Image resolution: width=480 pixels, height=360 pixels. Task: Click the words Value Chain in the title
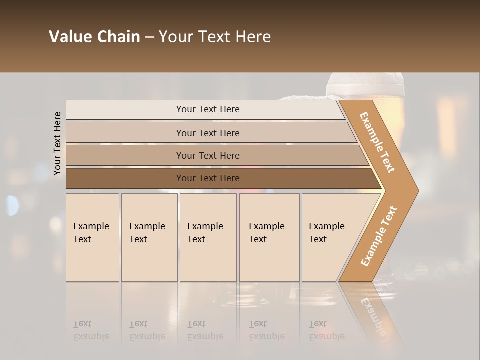[x=94, y=37]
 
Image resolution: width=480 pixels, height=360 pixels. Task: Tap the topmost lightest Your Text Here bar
[x=207, y=109]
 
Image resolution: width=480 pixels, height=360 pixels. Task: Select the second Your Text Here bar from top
[x=207, y=133]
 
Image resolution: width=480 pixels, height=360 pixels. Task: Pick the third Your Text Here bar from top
[x=207, y=155]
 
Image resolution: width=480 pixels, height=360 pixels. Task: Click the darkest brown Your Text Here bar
[x=207, y=178]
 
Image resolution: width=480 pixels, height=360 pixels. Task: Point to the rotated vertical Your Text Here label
[x=57, y=143]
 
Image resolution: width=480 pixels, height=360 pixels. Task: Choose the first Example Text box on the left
[x=92, y=237]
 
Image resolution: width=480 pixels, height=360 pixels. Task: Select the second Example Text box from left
[x=149, y=237]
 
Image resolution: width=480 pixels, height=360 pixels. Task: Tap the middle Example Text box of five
[x=208, y=237]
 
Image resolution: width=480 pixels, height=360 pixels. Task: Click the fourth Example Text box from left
[x=269, y=237]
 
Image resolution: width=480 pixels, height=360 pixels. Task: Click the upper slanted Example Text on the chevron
[x=377, y=142]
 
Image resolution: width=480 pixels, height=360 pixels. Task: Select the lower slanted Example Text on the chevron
[x=379, y=236]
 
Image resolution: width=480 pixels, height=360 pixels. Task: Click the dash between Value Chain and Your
[x=149, y=37]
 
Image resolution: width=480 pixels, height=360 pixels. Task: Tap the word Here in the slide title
[x=254, y=37]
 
